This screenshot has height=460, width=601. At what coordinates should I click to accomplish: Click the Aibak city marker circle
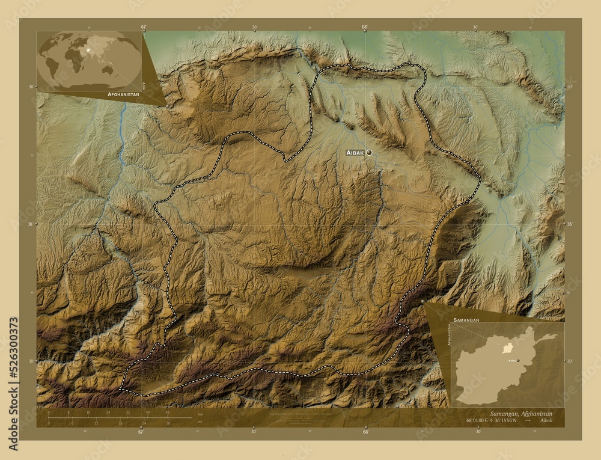pos(369,153)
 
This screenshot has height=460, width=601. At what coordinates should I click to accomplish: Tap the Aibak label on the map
pos(355,153)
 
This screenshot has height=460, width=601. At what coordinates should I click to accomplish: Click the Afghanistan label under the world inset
pos(123,95)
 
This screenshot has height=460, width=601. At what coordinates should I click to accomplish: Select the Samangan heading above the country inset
pos(466,320)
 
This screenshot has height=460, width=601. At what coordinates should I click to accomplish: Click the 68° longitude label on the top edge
pos(365,27)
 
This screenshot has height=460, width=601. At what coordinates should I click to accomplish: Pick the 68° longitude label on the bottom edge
pos(365,431)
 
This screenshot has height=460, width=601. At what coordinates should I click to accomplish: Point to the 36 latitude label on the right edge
pos(569,224)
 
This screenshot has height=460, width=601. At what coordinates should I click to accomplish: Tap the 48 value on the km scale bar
pos(166,412)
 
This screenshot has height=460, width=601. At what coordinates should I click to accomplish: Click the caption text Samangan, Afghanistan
pos(522,414)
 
